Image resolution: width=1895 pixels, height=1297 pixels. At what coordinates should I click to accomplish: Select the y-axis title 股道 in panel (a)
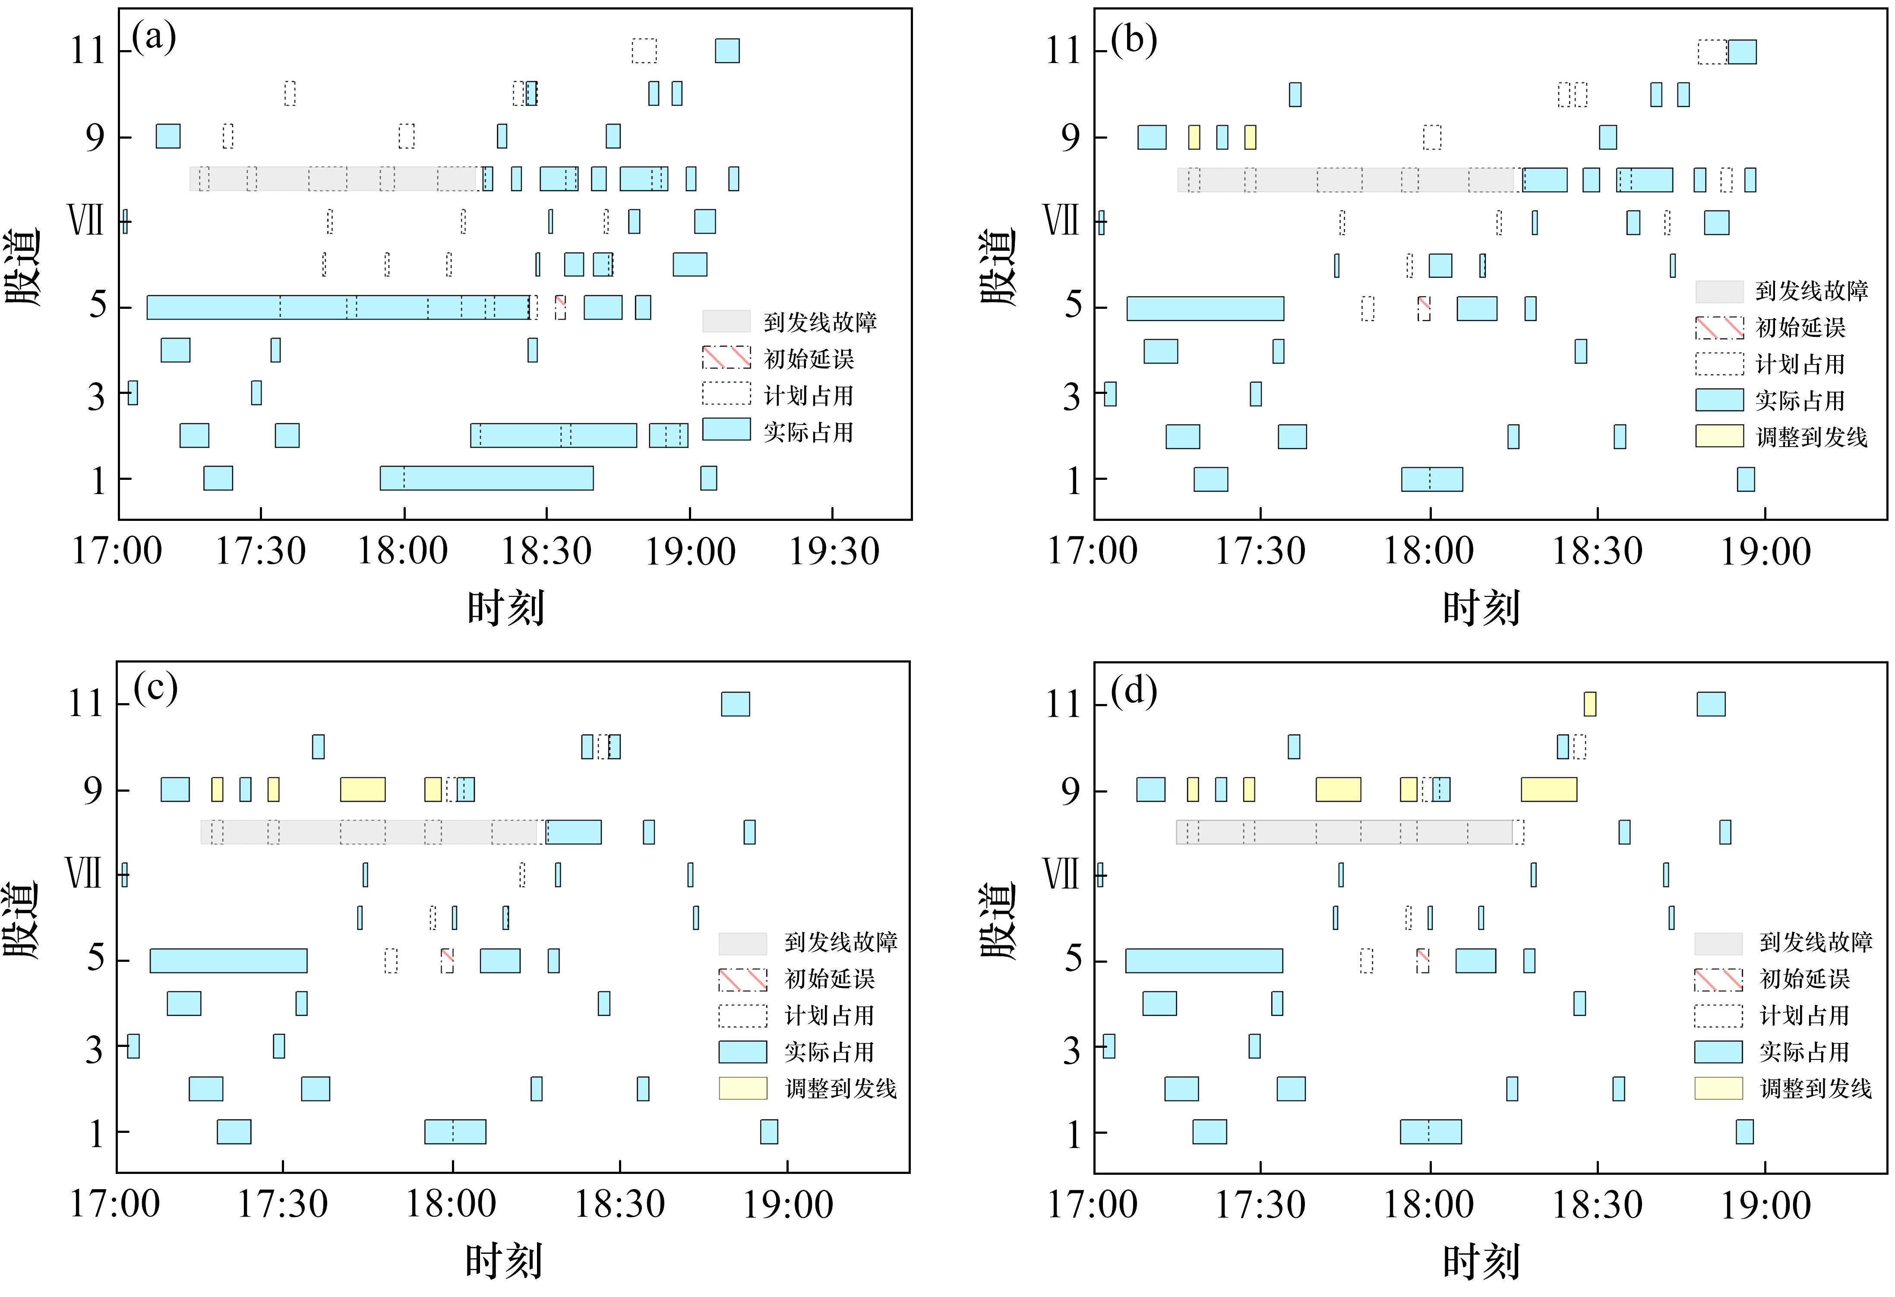pyautogui.click(x=23, y=267)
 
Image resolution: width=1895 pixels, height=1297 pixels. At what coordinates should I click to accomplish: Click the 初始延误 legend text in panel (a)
pyautogui.click(x=808, y=359)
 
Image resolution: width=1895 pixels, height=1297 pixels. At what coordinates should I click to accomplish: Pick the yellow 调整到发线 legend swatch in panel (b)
pyautogui.click(x=1719, y=436)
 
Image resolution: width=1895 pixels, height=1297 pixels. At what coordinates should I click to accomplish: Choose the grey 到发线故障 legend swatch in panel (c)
pyautogui.click(x=742, y=943)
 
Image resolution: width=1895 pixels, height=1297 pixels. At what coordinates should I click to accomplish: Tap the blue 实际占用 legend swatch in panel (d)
pyautogui.click(x=1718, y=1052)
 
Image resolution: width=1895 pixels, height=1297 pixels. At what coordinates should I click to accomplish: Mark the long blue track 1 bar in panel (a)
pyautogui.click(x=487, y=478)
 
